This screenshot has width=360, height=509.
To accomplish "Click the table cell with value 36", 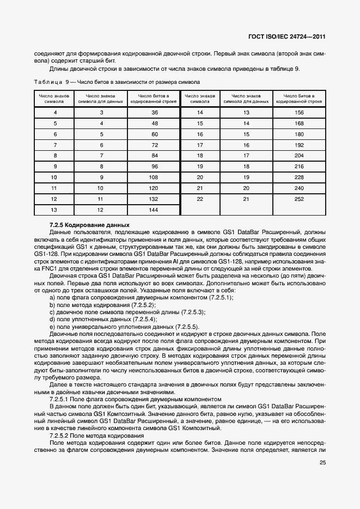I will point(154,113).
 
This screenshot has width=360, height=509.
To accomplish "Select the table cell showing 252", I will point(298,199).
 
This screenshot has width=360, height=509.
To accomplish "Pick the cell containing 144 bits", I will point(154,210).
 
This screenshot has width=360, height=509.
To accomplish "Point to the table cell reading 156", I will point(298,113).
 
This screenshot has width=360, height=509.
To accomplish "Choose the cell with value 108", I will point(154,177).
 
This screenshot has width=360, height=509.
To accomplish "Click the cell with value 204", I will point(298,156).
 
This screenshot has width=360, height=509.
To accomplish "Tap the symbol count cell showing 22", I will point(200,199).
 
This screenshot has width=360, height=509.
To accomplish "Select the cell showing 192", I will point(298,145).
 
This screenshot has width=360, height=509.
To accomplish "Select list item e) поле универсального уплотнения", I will point(124,327).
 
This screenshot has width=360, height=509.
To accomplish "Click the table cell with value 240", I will point(298,188).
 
